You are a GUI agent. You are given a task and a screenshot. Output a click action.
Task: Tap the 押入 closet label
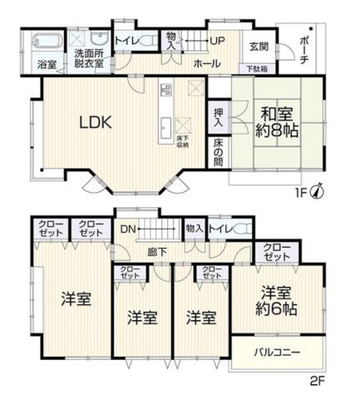pos(217,117)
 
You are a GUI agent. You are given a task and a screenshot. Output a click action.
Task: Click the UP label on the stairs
pos(218,41)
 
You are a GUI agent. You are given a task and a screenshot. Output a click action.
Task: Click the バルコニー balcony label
pos(277,352)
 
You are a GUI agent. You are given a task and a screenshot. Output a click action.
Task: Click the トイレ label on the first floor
pos(127,40)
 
